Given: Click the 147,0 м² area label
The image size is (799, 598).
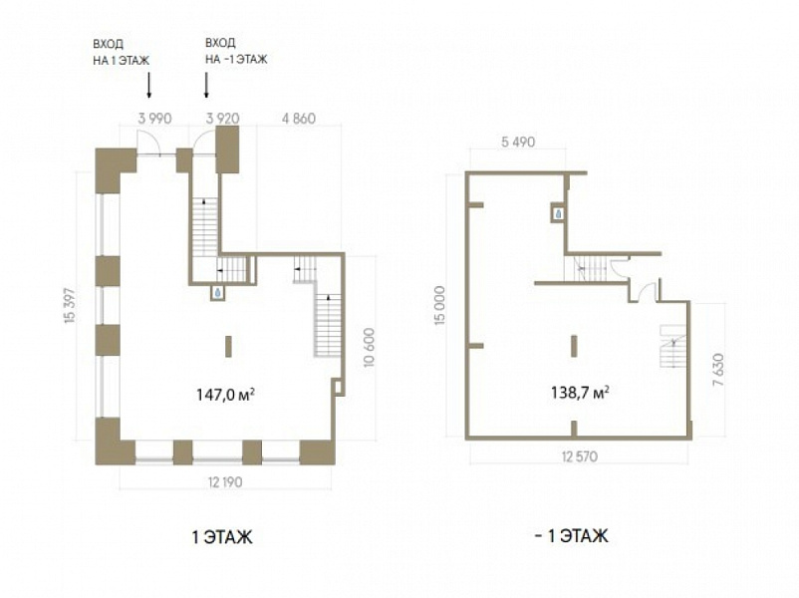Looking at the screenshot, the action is pyautogui.click(x=225, y=394).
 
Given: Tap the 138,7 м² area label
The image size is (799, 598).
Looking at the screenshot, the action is pyautogui.click(x=581, y=392).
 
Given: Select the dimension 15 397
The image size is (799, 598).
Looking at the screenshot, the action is pyautogui.click(x=71, y=305).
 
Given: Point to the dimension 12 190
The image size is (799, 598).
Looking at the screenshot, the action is pyautogui.click(x=225, y=481).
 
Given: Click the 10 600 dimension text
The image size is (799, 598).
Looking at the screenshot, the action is pyautogui.click(x=370, y=347).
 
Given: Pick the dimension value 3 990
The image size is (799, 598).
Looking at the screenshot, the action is pyautogui.click(x=154, y=119).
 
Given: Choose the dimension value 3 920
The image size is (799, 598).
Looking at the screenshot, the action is pyautogui.click(x=223, y=119).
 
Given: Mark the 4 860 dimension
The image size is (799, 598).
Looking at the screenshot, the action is pyautogui.click(x=299, y=119).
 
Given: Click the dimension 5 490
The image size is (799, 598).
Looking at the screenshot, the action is pyautogui.click(x=518, y=142).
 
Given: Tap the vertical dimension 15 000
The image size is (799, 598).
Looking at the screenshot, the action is pyautogui.click(x=440, y=305).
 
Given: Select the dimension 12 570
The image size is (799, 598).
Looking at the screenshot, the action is pyautogui.click(x=580, y=456).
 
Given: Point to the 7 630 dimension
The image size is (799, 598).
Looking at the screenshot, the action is pyautogui.click(x=718, y=369).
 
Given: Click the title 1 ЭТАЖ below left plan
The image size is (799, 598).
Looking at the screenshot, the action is pyautogui.click(x=221, y=537).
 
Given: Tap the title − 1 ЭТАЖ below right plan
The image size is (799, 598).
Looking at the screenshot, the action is pyautogui.click(x=571, y=536).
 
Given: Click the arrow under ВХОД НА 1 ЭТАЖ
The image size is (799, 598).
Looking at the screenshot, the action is pyautogui.click(x=148, y=85).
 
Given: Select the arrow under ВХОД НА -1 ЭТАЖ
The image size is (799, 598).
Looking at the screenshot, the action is pyautogui.click(x=206, y=85).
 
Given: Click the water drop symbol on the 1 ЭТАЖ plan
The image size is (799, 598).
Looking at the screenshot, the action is pyautogui.click(x=217, y=293).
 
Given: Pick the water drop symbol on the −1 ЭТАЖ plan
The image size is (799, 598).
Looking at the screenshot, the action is pyautogui.click(x=559, y=213).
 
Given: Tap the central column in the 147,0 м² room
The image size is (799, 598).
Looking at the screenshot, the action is pyautogui.click(x=228, y=346).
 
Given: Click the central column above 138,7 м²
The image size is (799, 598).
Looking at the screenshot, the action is pyautogui.click(x=574, y=346).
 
